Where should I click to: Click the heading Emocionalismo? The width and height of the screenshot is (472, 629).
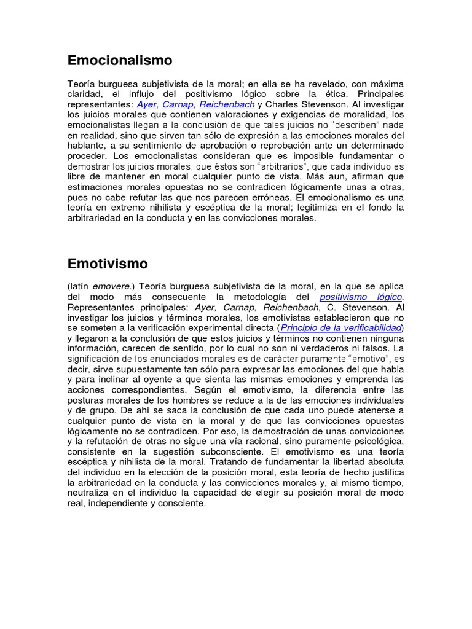coord(119,60)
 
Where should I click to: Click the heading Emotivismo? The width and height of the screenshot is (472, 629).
coord(108,264)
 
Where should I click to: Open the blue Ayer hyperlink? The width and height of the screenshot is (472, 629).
coord(146,104)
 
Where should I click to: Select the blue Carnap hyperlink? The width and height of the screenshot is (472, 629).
coord(178,104)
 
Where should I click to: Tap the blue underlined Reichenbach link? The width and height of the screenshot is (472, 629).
coord(227,104)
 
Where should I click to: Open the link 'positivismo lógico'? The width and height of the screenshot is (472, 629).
coord(361,297)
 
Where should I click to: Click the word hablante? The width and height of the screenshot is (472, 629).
coord(87,146)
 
